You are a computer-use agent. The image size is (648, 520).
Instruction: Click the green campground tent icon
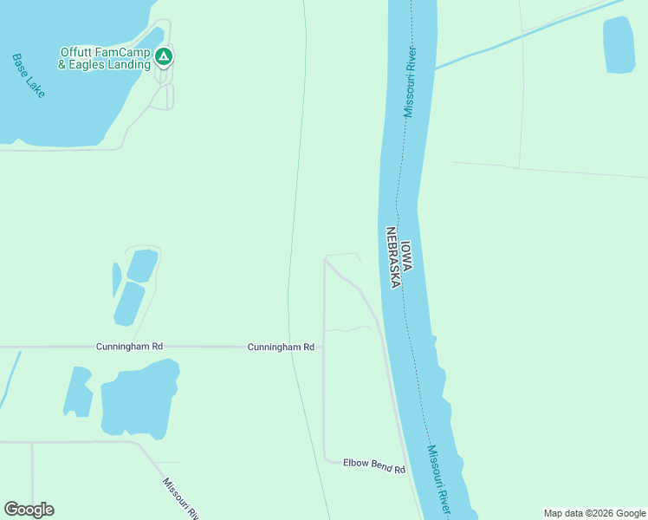tap(163, 57)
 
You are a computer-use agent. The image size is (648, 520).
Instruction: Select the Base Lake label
tap(29, 75)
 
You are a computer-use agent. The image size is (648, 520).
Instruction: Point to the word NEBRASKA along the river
tap(393, 257)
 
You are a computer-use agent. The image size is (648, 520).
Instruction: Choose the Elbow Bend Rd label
tap(374, 466)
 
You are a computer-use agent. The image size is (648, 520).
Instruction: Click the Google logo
tap(29, 510)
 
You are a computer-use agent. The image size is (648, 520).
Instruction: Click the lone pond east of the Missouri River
tap(619, 44)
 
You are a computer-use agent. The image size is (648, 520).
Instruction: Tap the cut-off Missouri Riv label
tap(182, 498)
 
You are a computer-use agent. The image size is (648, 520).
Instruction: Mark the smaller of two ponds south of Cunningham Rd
tap(78, 393)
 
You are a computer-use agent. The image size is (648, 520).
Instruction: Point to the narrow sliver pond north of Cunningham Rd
tap(116, 280)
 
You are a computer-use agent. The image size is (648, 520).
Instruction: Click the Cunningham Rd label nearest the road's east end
tap(281, 347)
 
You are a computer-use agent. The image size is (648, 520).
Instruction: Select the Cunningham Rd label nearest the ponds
tap(129, 347)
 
